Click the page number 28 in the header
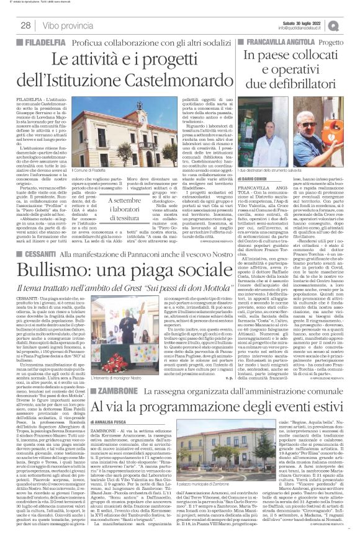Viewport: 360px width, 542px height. pos(26,25)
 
